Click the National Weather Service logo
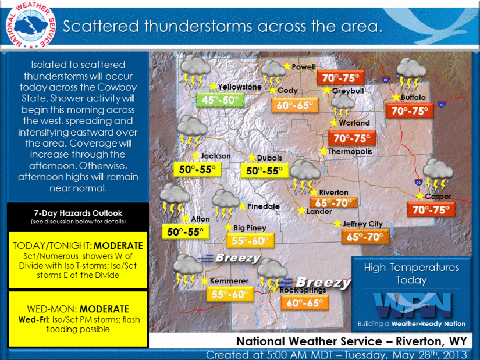pos(31,25)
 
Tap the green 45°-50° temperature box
pos(220,100)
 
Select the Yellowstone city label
pos(240,87)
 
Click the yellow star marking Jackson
pos(195,155)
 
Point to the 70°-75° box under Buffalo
pos(409,111)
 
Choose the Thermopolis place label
pos(350,151)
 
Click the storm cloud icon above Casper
pos(438,175)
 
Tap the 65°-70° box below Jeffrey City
pos(365,237)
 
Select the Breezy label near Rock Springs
pos(323,282)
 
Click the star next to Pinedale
pos(243,206)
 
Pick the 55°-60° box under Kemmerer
pos(230,294)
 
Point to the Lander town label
pos(319,211)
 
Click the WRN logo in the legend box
pos(412,305)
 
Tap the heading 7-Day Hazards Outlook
pos(78,213)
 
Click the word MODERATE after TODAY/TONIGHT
pos(118,245)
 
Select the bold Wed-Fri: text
pos(34,320)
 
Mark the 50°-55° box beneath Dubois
pos(265,170)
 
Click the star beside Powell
pos(287,66)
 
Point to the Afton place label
pos(200,219)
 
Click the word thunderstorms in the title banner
pos(198,26)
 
